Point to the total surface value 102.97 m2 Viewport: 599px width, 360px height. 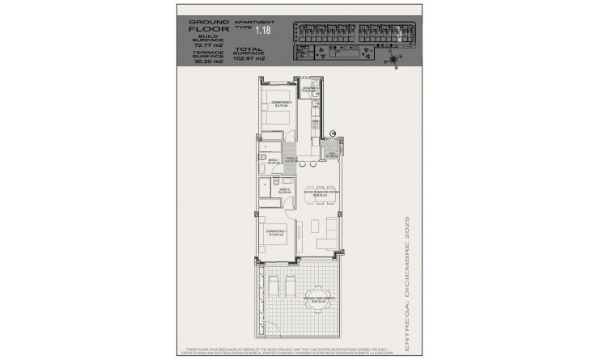click(249, 59)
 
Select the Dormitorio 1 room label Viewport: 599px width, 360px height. click(277, 235)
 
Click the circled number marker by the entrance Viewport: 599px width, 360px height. click(333, 133)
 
